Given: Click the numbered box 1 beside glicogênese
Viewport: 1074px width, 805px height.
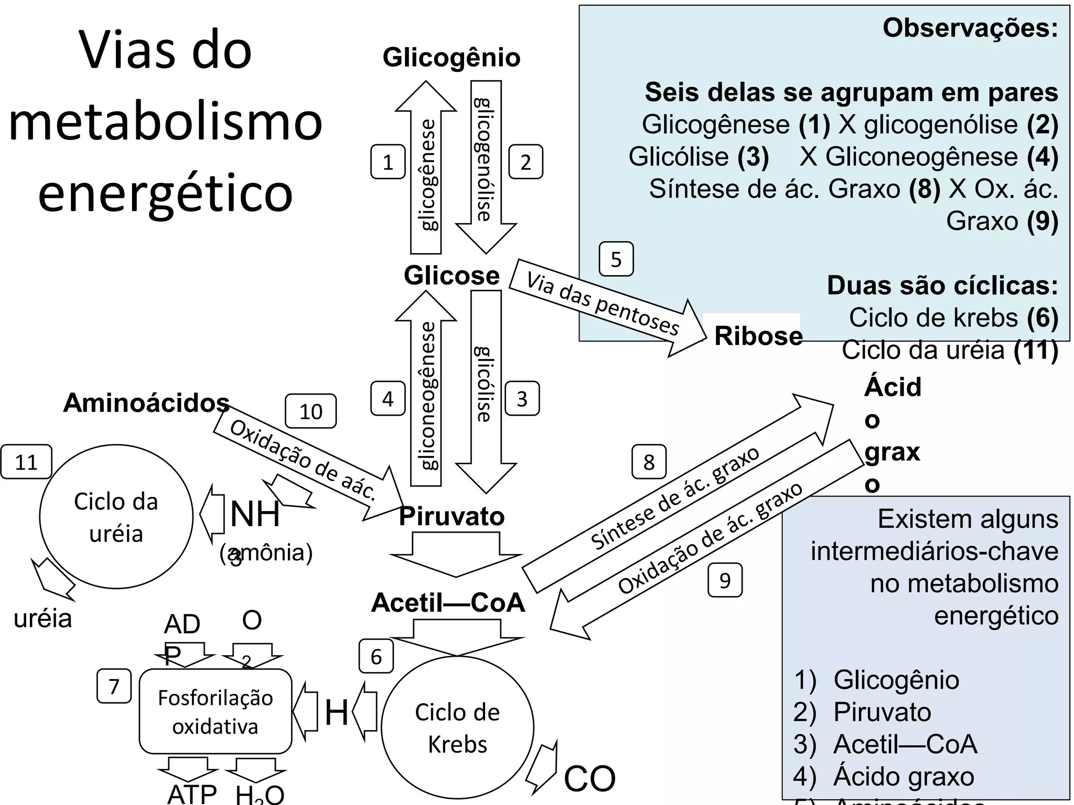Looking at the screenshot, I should pos(388,162).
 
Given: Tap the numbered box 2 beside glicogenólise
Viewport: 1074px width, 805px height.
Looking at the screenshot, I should pos(525,162).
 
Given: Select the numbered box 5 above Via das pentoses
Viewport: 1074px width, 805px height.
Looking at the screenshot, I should pos(616,259).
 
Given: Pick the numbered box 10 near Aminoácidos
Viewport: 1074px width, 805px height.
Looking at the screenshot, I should pos(310,411).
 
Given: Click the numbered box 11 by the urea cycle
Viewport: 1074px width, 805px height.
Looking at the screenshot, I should pos(26,462).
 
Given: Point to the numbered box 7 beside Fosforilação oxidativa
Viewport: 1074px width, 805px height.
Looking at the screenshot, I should pos(114,686).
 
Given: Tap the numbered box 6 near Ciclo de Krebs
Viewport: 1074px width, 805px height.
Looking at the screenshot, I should pos(376,656).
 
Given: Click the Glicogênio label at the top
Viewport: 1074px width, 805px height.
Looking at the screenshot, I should pos(452,58).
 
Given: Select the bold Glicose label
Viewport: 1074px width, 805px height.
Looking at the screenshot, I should pos(452,276).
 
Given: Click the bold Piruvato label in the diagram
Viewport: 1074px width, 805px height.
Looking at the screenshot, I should pos(452,517).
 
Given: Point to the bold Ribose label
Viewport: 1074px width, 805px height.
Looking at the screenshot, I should pos(758,336).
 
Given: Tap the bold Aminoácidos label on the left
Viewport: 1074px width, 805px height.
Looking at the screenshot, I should pos(146,403).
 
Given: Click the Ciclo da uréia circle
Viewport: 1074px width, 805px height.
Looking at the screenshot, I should pos(116,517).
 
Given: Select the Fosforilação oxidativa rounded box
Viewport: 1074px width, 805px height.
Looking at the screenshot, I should pos(215,711).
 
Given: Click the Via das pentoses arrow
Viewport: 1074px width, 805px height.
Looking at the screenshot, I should pos(603,304).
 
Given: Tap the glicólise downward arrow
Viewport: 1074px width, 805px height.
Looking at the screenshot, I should pos(486,388).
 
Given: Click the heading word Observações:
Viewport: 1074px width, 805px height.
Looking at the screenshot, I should pos(970,28).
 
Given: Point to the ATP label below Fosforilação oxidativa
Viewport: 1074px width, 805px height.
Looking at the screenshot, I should pos(191,793).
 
